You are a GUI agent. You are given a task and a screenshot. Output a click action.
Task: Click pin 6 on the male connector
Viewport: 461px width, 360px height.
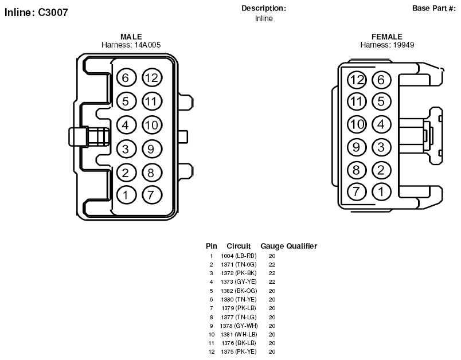coord(126,78)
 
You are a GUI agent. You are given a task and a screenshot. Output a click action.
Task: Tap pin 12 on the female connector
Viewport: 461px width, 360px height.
coord(357,80)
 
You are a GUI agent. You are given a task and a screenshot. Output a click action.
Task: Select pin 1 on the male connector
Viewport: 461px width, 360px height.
coord(126,194)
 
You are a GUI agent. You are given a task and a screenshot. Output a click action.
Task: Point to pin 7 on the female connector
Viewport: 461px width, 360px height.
coord(357,191)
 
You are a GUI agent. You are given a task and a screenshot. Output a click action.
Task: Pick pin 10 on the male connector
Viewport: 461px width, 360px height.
coord(152,125)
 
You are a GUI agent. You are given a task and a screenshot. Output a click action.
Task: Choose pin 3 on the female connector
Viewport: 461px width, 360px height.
coord(381,147)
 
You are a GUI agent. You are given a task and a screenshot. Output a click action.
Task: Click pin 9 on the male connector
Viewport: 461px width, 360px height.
coord(152,149)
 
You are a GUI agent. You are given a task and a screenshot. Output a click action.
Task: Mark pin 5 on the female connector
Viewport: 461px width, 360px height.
coord(381,101)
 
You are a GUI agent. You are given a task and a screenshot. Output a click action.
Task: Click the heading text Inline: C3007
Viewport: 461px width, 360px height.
coord(36,13)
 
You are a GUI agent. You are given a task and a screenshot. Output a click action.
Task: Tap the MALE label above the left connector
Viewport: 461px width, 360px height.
coord(131,37)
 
